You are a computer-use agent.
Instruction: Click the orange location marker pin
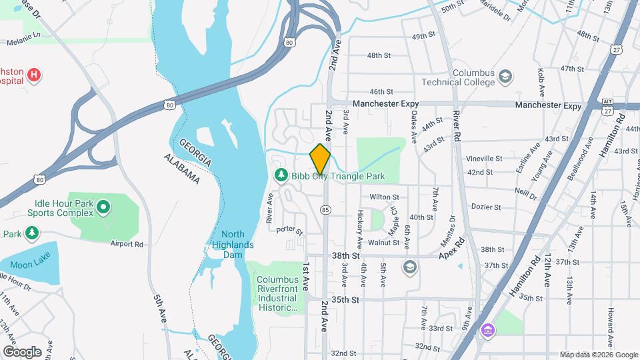(321, 159)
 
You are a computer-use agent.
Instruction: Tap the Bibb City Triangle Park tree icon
(281, 175)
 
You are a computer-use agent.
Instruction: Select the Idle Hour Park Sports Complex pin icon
(103, 208)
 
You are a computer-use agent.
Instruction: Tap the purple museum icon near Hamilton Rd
(488, 330)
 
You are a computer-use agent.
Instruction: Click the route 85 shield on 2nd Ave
(325, 209)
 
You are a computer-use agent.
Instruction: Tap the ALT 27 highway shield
(607, 105)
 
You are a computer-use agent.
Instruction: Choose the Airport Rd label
(127, 244)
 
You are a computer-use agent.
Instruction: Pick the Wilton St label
(384, 197)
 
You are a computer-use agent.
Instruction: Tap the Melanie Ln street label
(24, 41)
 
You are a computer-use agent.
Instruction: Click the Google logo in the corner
(22, 352)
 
